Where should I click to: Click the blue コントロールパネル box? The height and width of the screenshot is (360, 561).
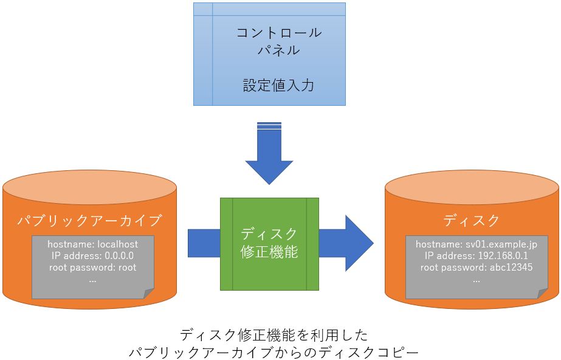[x=269, y=54]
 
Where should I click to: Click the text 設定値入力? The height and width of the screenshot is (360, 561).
[x=278, y=86]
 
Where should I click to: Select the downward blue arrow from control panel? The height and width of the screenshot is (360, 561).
[x=269, y=153]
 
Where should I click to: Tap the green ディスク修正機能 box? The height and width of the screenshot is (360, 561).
[x=269, y=244]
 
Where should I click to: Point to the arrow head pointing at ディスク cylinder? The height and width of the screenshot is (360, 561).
[x=359, y=243]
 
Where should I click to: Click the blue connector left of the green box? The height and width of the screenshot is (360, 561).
[x=204, y=243]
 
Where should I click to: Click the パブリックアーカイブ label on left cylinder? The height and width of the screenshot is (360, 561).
[x=90, y=220]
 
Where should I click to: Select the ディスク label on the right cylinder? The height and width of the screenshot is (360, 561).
[x=472, y=220]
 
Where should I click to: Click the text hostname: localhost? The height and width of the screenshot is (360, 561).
[x=92, y=244]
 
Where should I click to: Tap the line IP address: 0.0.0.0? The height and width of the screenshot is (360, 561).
[x=92, y=256]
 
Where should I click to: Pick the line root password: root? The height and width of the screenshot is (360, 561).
[x=92, y=268]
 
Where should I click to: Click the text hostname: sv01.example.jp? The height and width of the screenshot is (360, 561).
[x=476, y=244]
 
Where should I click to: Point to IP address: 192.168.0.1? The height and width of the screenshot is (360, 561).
[x=476, y=256]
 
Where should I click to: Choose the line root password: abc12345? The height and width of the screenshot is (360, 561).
[x=476, y=268]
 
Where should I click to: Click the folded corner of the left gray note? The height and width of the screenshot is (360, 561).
[x=148, y=294]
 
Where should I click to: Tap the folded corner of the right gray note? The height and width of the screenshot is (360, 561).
[x=542, y=294]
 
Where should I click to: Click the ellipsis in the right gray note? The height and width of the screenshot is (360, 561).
[x=476, y=282]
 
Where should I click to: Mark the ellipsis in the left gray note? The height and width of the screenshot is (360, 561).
[x=92, y=282]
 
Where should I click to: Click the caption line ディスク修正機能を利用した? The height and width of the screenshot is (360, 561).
[x=274, y=335]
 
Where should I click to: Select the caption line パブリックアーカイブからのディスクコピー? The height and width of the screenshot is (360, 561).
[x=274, y=352]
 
